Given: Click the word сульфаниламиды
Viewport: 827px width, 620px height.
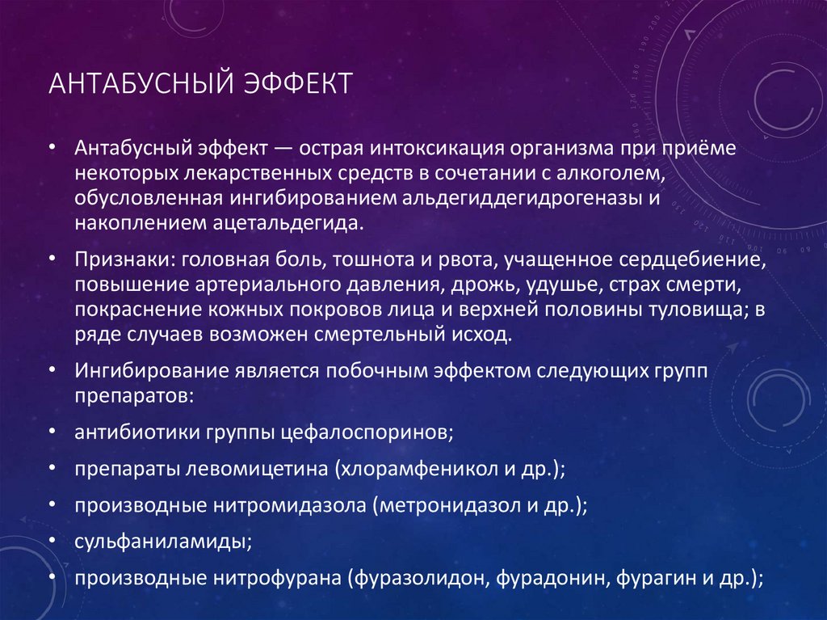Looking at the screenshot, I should (x=162, y=541).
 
